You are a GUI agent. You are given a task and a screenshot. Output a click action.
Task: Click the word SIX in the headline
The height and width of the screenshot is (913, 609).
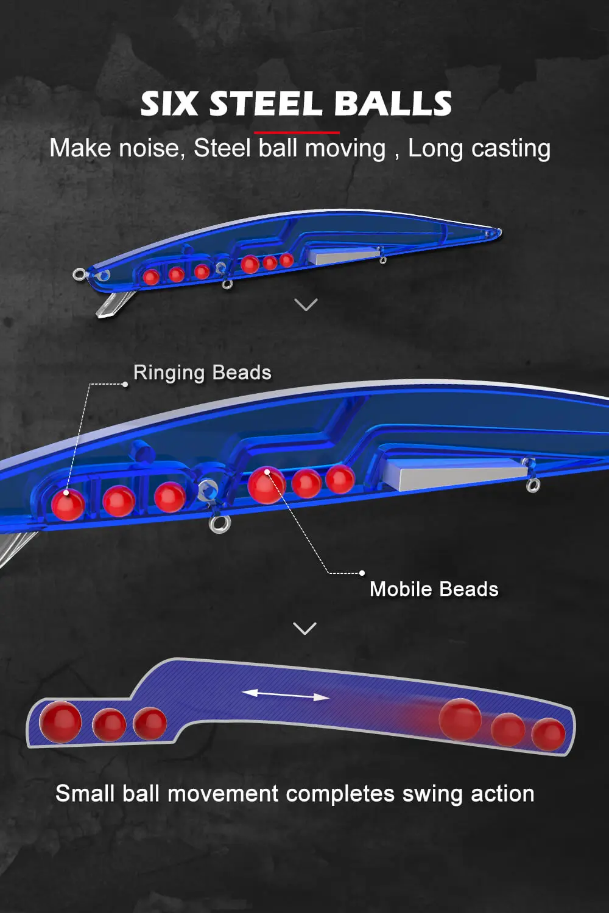point(169,103)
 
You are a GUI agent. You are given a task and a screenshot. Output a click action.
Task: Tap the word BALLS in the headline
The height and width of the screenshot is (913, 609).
point(393,103)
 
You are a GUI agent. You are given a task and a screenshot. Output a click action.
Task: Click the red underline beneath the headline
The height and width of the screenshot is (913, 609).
point(297,132)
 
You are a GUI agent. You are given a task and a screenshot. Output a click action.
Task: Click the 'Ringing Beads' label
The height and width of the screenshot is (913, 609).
point(202,373)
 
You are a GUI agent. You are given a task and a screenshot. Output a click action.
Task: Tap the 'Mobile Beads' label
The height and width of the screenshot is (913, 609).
point(434,589)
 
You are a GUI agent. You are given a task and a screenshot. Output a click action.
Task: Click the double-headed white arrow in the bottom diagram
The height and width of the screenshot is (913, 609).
point(286,694)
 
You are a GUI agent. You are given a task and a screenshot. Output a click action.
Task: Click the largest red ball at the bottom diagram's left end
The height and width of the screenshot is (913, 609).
point(60,722)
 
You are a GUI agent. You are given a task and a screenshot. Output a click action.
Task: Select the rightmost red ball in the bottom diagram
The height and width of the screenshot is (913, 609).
point(548,734)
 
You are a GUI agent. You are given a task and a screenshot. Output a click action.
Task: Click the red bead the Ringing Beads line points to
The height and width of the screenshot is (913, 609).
point(67,505)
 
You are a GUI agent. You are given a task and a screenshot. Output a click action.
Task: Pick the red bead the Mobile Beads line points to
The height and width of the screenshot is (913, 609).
point(266,485)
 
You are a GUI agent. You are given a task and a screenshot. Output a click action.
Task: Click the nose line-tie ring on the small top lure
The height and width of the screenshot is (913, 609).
point(79,275)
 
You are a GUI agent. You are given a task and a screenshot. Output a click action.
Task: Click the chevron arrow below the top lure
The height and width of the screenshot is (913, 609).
point(306,304)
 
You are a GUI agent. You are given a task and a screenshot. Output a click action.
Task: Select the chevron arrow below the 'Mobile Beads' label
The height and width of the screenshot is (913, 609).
point(304,628)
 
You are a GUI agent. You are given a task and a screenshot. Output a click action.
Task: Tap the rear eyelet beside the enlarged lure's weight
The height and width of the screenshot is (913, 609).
point(533,485)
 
